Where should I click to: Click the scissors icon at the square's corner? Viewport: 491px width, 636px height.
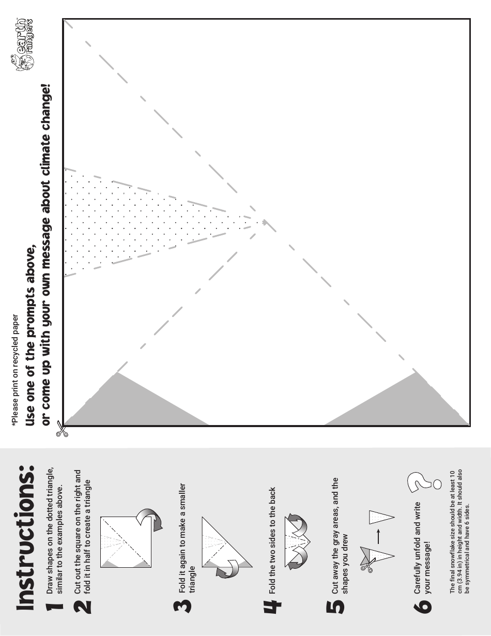(62, 429)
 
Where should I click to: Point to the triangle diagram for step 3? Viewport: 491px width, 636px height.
(227, 546)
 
